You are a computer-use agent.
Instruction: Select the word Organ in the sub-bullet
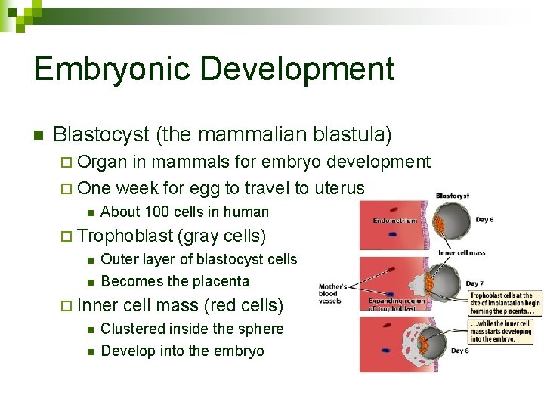tap(103, 162)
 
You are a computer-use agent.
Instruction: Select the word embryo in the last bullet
tap(240, 351)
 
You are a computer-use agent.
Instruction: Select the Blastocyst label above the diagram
tap(453, 196)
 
